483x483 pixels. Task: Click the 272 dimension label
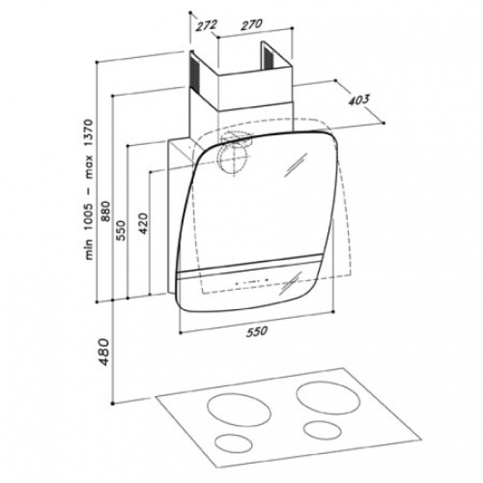(x=206, y=25)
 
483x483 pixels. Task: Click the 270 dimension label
(x=251, y=25)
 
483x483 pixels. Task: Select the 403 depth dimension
(x=359, y=100)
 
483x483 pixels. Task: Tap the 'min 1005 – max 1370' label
(x=89, y=190)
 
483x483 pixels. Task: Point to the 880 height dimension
(x=106, y=211)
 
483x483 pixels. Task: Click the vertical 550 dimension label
(x=121, y=231)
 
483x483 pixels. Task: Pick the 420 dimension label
(x=144, y=223)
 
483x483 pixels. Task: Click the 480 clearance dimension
(x=104, y=352)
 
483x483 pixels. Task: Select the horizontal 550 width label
(x=257, y=331)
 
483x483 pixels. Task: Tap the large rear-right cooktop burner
(x=328, y=398)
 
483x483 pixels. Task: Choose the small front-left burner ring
(x=233, y=443)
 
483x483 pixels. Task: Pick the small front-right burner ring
(x=322, y=430)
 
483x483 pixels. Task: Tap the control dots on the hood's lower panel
(x=252, y=281)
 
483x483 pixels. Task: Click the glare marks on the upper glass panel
(x=295, y=165)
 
